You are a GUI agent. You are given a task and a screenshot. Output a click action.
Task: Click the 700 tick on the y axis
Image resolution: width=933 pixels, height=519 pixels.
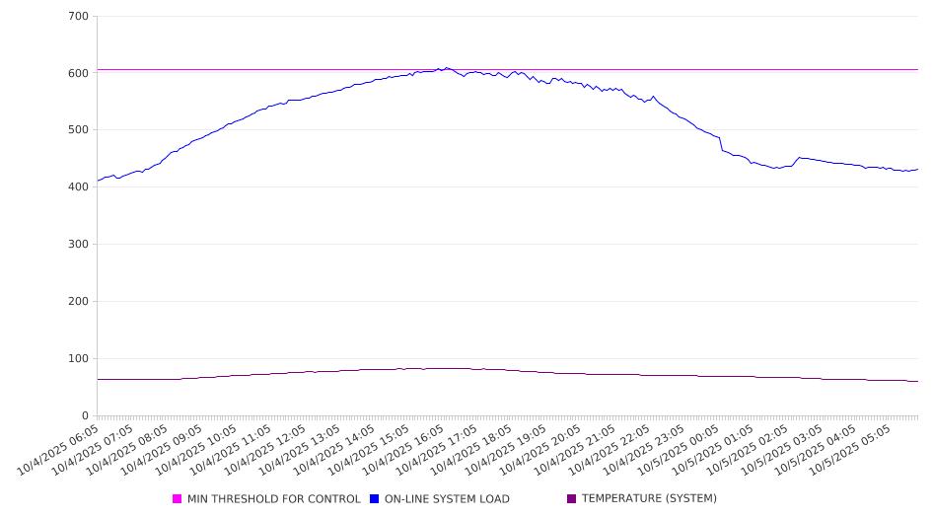(79, 17)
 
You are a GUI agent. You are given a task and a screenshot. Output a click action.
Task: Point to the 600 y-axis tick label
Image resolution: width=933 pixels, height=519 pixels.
(79, 73)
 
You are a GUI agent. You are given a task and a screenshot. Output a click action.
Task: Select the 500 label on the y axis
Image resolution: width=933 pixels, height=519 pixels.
(79, 130)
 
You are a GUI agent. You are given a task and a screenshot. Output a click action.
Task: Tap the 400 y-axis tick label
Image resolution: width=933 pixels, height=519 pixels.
(79, 187)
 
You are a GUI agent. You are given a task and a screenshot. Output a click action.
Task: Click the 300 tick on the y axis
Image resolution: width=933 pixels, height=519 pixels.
(79, 245)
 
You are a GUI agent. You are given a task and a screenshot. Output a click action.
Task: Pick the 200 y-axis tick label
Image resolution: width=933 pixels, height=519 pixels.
(79, 302)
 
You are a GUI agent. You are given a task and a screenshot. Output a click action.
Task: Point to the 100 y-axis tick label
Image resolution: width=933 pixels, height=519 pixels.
(79, 359)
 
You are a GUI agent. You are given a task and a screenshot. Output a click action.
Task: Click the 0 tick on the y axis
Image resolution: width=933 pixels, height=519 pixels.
(85, 416)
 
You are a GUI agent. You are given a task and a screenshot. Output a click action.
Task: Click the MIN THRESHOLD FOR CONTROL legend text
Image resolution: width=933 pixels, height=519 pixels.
(273, 499)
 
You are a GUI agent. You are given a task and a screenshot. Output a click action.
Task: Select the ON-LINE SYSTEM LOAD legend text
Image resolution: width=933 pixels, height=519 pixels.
(447, 499)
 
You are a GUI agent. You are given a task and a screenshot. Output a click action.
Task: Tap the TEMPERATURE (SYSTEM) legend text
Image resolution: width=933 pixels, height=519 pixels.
(649, 499)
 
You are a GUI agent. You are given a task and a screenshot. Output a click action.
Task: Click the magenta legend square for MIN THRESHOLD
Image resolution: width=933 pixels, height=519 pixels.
(178, 499)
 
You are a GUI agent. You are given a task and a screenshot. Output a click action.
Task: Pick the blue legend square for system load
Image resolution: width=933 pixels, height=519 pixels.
(375, 499)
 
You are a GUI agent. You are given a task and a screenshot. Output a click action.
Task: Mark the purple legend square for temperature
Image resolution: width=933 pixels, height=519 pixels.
(572, 499)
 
